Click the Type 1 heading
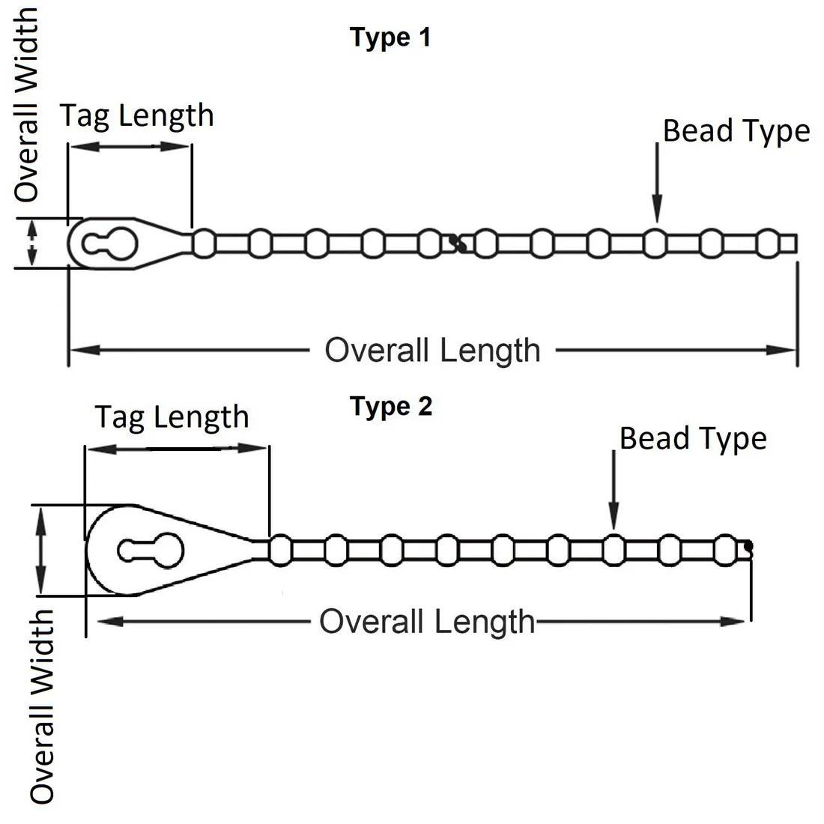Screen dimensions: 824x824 coord(390,37)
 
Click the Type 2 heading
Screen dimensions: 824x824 coord(391,407)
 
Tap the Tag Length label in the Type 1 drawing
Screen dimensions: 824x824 coord(137,115)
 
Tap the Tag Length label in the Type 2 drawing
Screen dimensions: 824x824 coord(172,417)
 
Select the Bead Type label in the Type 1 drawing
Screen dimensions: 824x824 coord(736,130)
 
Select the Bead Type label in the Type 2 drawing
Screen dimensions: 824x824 coord(693,438)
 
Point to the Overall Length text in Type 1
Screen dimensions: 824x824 coord(432,350)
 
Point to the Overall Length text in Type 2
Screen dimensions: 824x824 coord(427,622)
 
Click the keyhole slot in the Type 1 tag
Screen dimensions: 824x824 coord(110,243)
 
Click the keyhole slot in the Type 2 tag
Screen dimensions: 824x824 coord(151,551)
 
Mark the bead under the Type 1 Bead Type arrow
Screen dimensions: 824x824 coord(655,243)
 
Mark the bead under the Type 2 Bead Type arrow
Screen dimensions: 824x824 coord(614,551)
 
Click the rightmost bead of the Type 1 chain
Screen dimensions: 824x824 coord(767,243)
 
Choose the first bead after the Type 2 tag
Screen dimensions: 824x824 coord(280,551)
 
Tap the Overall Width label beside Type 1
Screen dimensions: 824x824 coord(28,105)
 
